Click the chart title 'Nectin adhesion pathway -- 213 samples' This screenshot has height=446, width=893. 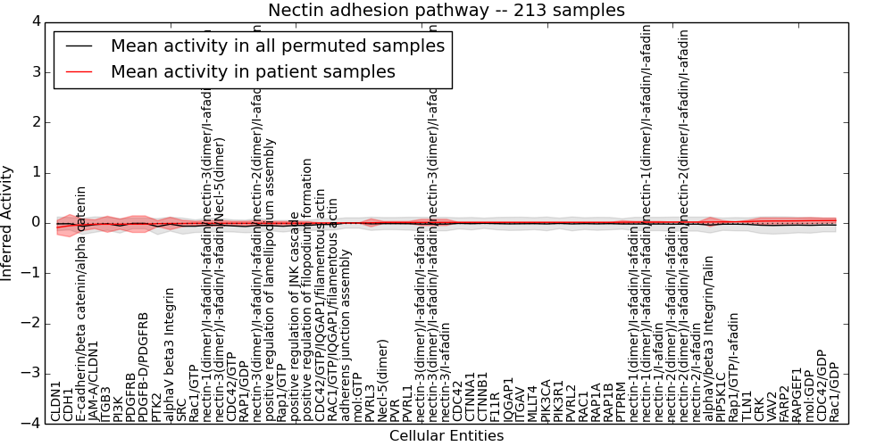(x=446, y=10)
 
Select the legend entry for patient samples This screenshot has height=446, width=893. (x=253, y=72)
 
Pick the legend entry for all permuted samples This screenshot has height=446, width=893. (x=277, y=46)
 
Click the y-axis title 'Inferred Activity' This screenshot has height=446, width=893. (x=8, y=223)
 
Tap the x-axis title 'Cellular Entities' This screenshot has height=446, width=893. (x=446, y=436)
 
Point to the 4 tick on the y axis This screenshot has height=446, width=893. (x=35, y=21)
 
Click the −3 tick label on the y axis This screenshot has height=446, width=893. (x=30, y=374)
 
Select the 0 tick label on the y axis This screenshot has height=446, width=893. (x=35, y=223)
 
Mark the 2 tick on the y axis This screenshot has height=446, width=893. (x=35, y=122)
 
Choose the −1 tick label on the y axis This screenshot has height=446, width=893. (x=30, y=273)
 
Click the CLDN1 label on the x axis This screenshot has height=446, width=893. (x=56, y=401)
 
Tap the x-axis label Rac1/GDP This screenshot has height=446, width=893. (x=834, y=391)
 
